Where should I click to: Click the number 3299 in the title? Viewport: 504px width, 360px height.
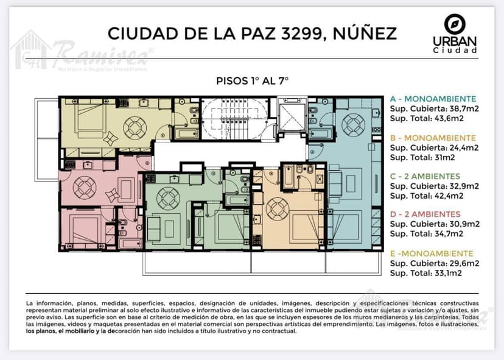pyautogui.click(x=301, y=34)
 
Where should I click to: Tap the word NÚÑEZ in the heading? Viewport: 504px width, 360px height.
pyautogui.click(x=365, y=33)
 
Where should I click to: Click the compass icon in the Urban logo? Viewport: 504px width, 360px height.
pyautogui.click(x=455, y=24)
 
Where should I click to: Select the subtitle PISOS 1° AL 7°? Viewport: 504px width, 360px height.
pyautogui.click(x=253, y=81)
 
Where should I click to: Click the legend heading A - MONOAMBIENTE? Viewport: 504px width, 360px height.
pyautogui.click(x=433, y=99)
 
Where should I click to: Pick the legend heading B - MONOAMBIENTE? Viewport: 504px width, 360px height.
pyautogui.click(x=433, y=138)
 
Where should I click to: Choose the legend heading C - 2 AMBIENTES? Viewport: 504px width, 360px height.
pyautogui.click(x=425, y=176)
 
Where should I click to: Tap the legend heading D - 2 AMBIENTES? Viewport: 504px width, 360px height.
pyautogui.click(x=425, y=214)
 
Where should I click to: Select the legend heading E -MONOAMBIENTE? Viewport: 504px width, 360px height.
pyautogui.click(x=432, y=253)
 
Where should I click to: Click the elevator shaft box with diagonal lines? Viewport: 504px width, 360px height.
pyautogui.click(x=292, y=116)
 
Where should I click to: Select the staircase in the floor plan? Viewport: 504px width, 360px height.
pyautogui.click(x=234, y=119)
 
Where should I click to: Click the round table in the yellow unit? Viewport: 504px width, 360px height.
pyautogui.click(x=135, y=128)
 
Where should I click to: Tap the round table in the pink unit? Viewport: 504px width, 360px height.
pyautogui.click(x=85, y=188)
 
